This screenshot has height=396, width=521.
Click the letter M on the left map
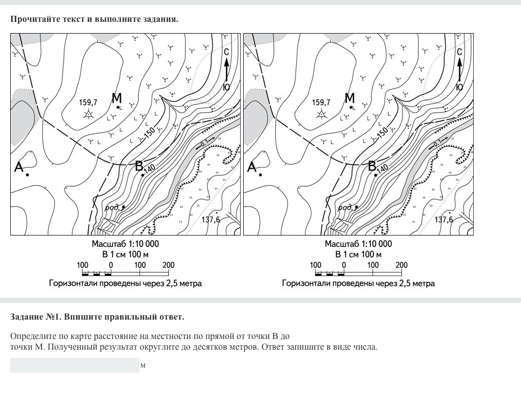pos(117,98)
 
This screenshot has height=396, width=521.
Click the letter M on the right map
pos(350,98)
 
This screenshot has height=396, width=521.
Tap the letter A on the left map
pos(19,166)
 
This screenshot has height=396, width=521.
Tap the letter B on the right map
pos(372,165)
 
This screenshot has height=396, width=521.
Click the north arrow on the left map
pos(226,69)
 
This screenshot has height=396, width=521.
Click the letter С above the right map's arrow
pos(459,52)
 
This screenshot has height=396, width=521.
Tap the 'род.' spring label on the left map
pos(112,208)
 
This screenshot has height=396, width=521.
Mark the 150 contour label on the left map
pos(150,131)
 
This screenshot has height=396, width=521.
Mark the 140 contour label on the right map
pos(383,168)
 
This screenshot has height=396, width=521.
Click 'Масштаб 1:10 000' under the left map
pos(126,244)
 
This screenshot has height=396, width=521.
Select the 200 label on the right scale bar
pos(401,265)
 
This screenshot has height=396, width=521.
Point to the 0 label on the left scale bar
pos(111,265)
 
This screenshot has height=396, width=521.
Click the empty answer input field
pos(74,365)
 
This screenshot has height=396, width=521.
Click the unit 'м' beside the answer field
pos(143,365)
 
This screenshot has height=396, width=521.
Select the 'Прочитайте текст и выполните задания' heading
pos(94,19)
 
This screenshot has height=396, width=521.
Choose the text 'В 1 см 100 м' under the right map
pos(358,254)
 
